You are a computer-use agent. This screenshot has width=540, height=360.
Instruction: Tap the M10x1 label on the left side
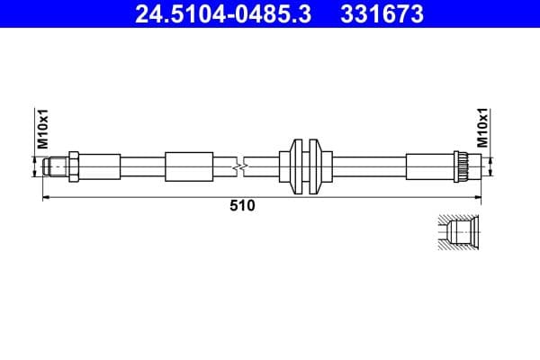41,128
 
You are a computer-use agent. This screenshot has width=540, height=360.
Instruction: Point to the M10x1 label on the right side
482,128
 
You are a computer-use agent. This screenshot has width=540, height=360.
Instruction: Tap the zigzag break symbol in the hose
238,167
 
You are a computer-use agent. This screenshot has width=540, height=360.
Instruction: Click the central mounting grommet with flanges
306,167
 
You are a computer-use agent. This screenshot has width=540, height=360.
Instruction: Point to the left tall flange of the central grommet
298,167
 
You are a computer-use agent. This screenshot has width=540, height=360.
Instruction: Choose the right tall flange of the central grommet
314,167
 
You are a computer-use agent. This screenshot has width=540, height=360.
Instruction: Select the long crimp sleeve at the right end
431,167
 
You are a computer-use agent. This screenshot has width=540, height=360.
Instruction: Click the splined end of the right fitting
464,167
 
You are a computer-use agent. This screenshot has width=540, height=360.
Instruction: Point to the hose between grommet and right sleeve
369,167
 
